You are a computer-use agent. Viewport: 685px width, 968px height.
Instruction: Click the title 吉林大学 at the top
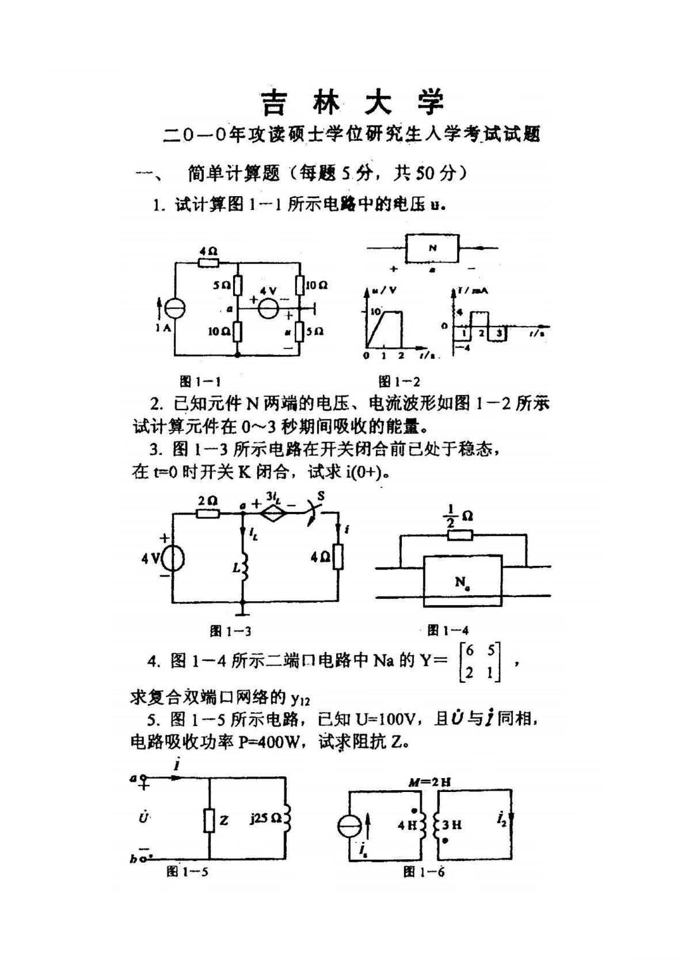click(x=353, y=102)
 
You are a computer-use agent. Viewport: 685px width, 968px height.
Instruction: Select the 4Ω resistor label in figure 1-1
click(x=208, y=251)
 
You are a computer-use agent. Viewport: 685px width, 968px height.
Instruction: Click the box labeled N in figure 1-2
click(x=433, y=248)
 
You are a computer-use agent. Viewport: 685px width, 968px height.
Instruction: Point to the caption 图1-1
click(x=200, y=381)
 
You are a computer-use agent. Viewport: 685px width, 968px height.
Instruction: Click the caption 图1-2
click(x=399, y=381)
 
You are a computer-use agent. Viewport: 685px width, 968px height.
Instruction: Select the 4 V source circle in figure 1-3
click(x=172, y=558)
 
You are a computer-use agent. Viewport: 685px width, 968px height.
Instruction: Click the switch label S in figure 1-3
click(x=321, y=496)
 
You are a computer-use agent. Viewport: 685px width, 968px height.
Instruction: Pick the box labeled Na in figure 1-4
click(x=462, y=581)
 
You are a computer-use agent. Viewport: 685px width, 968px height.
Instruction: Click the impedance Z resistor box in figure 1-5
click(x=209, y=820)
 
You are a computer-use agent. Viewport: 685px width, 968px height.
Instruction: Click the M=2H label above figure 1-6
click(x=429, y=782)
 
